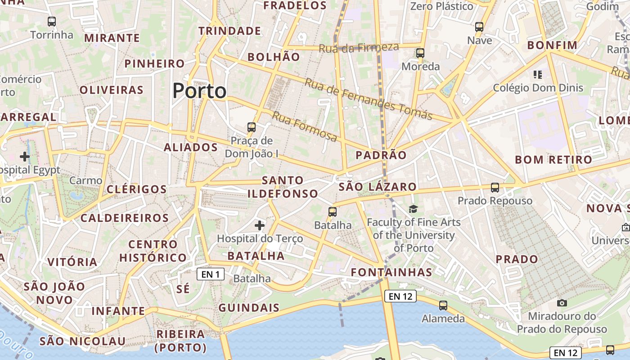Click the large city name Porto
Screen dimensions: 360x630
[199, 91]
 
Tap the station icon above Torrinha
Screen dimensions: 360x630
[52, 21]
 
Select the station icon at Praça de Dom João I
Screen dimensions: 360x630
[252, 127]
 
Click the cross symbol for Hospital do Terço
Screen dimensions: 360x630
[260, 225]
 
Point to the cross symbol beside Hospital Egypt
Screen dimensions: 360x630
[25, 157]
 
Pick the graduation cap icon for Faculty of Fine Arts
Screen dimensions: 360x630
[413, 209]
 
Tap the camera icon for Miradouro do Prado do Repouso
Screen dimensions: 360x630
[562, 303]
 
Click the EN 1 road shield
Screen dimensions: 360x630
[211, 274]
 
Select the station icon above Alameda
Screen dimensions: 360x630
[443, 306]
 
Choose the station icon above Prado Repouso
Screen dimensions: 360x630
[495, 188]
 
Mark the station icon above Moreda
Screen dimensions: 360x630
[420, 53]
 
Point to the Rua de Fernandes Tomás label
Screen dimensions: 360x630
[369, 99]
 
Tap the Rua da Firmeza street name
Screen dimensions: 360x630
[359, 47]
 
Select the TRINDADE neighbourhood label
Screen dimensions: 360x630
[230, 31]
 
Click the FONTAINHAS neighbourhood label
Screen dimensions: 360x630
[391, 272]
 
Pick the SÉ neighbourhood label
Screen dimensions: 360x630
[183, 289]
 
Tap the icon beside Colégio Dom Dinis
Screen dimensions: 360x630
[537, 75]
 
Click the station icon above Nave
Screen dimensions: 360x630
[479, 27]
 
